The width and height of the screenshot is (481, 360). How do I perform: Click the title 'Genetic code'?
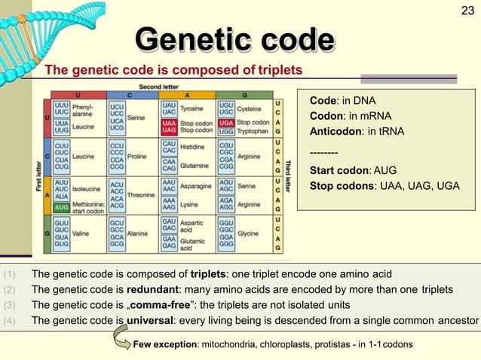234,40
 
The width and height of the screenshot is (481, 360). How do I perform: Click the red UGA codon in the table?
225,122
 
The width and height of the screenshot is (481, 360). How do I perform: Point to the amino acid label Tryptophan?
253,131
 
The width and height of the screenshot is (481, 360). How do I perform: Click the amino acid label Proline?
138,157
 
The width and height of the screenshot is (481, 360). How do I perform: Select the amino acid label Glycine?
247,233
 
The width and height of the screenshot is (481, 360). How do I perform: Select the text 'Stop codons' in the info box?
341,185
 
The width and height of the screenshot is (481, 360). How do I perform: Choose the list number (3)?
9,304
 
